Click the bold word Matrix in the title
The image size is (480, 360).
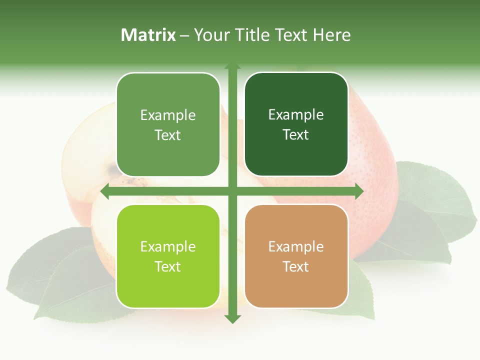tap(148, 35)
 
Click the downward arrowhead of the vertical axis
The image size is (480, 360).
tap(232, 319)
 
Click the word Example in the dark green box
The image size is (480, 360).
tap(296, 115)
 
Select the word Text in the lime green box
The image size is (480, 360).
tap(168, 266)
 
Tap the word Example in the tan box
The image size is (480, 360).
tap(296, 246)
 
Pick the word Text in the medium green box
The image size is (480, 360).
tap(168, 135)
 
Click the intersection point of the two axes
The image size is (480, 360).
tap(232, 191)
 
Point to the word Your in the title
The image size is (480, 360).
tap(210, 35)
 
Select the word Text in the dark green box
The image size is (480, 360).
tap(296, 134)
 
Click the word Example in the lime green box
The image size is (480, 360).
tap(168, 246)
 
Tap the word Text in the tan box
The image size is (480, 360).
tap(296, 266)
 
